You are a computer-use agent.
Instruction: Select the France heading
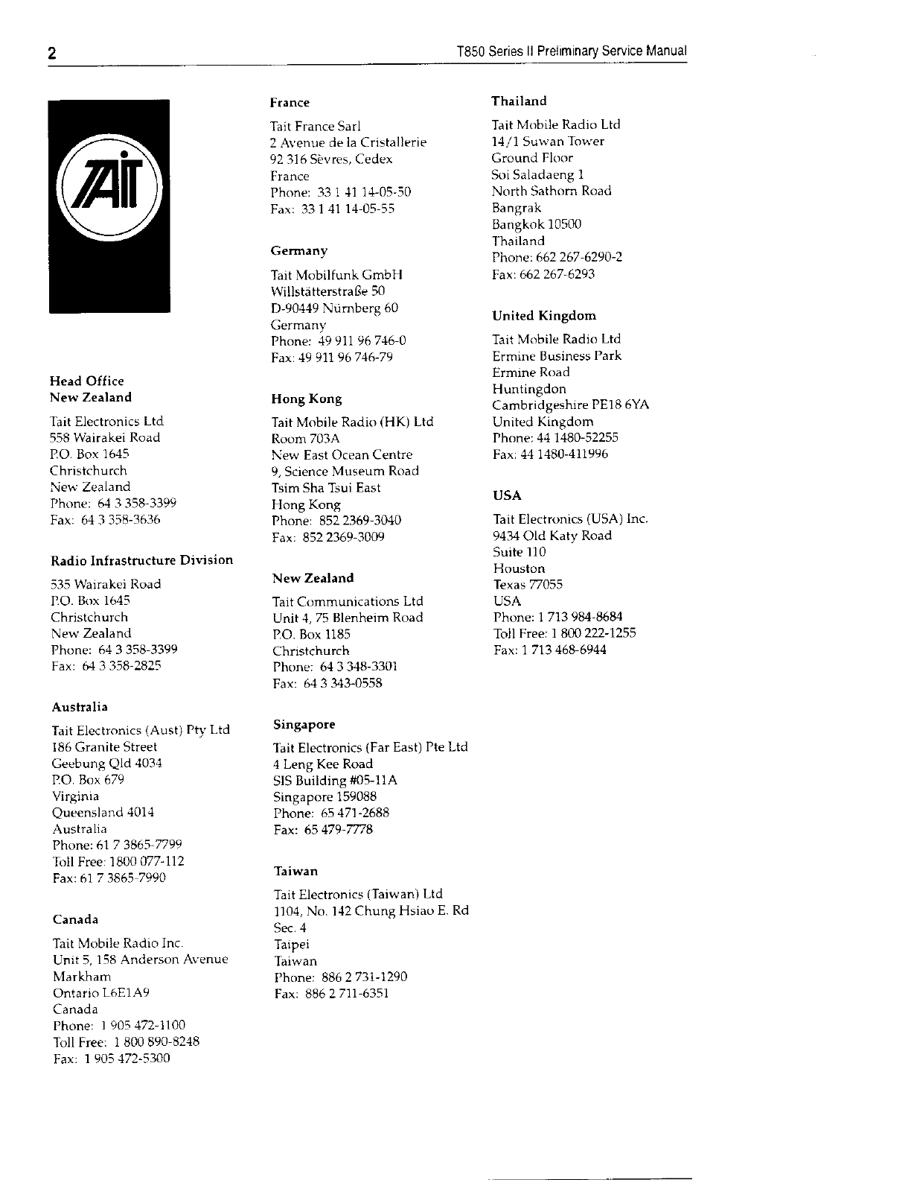point(290,103)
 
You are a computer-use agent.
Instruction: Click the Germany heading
point(298,251)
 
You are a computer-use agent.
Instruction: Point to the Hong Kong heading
point(306,399)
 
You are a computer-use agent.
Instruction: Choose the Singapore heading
point(304,724)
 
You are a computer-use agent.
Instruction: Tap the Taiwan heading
point(295,871)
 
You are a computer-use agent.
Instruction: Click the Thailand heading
point(519,101)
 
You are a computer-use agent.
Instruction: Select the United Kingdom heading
point(543,316)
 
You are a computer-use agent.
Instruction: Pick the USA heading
point(507,495)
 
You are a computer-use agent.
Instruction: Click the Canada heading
point(75,919)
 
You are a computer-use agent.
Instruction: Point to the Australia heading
point(80,707)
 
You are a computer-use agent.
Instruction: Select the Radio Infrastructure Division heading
point(141,560)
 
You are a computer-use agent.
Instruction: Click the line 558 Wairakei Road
point(105,438)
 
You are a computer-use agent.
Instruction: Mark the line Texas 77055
point(528,585)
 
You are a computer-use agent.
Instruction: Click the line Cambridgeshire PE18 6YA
point(570,405)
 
